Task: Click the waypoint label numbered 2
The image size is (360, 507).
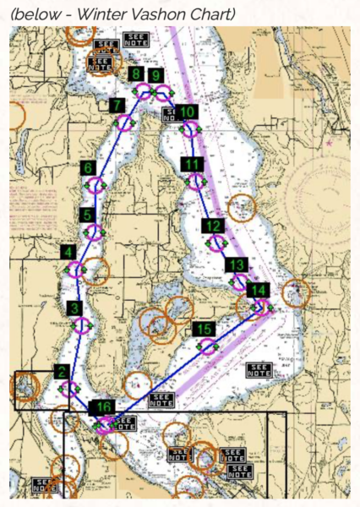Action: [x=61, y=371]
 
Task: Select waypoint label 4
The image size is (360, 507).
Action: [x=68, y=252]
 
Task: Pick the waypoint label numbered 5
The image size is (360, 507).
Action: [x=87, y=215]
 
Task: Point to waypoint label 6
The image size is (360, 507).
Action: [x=88, y=168]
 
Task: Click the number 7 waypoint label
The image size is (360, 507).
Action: [x=116, y=106]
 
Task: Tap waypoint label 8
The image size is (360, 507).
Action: [x=135, y=74]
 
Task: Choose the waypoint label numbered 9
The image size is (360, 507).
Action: [x=155, y=75]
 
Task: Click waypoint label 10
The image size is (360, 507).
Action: [x=188, y=112]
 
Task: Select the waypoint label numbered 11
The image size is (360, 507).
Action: [x=193, y=164]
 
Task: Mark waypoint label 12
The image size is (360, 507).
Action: [x=213, y=226]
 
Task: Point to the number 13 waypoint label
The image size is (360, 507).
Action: [x=236, y=265]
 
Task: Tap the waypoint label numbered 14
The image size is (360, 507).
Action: [x=259, y=291]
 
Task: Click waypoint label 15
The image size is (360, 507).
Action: [x=203, y=329]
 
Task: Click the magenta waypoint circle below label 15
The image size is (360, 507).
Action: [x=207, y=346]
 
